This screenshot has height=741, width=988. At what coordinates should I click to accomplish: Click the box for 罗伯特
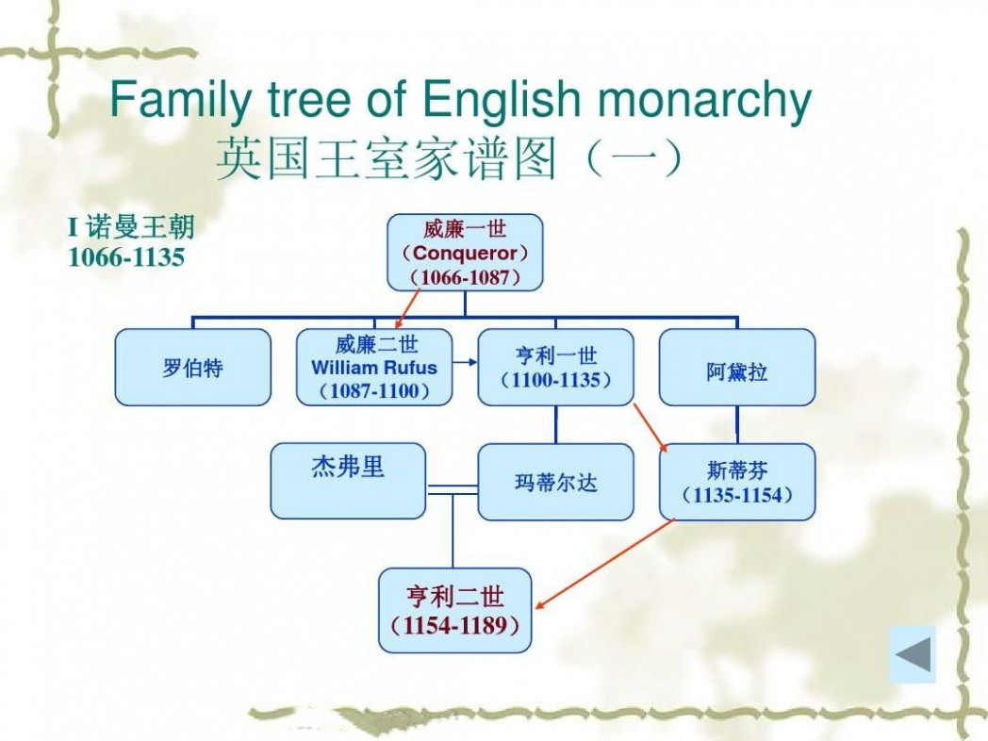click(x=193, y=367)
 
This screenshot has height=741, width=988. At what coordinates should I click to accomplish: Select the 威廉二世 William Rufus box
click(x=374, y=367)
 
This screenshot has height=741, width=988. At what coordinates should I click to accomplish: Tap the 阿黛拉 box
click(x=737, y=367)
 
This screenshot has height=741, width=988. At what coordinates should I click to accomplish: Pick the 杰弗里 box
click(x=349, y=481)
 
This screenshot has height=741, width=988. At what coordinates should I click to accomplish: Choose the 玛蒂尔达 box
click(x=556, y=482)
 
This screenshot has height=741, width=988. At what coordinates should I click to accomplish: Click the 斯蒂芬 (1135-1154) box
click(x=737, y=482)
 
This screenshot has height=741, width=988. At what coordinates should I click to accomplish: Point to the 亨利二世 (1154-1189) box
click(x=455, y=610)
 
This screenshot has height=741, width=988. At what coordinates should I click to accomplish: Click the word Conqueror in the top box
click(x=465, y=254)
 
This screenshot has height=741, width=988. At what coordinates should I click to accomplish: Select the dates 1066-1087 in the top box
click(x=465, y=277)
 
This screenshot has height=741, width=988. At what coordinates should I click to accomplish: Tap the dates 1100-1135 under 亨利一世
click(x=556, y=379)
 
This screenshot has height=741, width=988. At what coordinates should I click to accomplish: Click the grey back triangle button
click(x=913, y=654)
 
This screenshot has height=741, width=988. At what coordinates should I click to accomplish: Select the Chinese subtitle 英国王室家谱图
click(x=387, y=157)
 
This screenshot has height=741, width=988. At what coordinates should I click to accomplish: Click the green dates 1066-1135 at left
click(x=126, y=257)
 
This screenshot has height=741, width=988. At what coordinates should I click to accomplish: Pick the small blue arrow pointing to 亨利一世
click(x=465, y=362)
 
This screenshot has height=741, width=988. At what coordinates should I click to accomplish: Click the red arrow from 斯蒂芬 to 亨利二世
click(x=604, y=564)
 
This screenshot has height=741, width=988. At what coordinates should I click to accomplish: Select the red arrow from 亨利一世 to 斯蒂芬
click(x=650, y=428)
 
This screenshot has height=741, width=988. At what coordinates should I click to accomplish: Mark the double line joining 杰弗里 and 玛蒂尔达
click(x=452, y=489)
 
